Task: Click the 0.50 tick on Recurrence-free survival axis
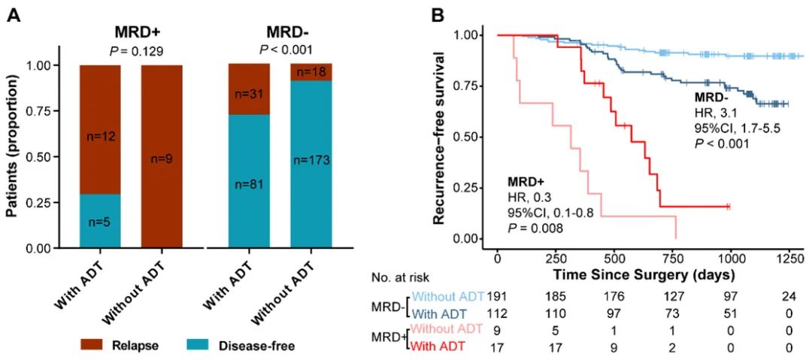pos(471,137)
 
